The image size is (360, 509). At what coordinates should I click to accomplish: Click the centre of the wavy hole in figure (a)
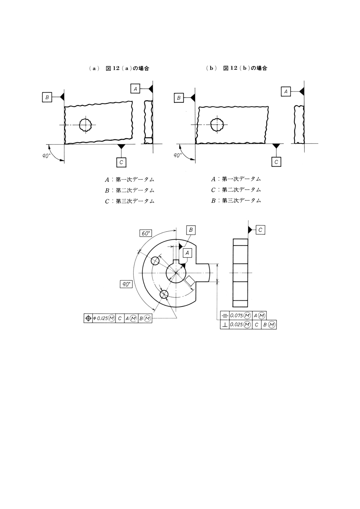[85, 125]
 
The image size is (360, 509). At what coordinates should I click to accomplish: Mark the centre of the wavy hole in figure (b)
[217, 124]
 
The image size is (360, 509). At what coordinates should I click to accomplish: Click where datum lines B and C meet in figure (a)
[64, 144]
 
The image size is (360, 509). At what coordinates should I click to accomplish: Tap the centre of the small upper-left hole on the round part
[155, 261]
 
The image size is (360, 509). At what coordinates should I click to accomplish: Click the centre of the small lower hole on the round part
[164, 294]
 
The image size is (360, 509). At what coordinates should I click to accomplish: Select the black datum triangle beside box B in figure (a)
[62, 97]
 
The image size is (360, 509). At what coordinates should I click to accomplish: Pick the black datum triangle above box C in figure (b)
[276, 146]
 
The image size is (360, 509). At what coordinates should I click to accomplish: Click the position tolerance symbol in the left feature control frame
[88, 319]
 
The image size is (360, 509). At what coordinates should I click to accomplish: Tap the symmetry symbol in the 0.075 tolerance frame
[225, 316]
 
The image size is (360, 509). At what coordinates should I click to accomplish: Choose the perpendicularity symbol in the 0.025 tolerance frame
[225, 325]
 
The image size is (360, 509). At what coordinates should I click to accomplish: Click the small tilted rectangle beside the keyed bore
[189, 281]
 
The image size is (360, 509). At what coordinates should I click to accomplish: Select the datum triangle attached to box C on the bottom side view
[250, 230]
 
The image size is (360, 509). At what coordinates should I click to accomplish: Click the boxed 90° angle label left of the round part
[126, 284]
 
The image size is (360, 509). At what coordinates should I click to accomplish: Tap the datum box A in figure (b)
[286, 91]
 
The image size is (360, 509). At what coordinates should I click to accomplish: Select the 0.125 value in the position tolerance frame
[101, 319]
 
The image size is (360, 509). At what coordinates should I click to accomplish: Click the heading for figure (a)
[119, 68]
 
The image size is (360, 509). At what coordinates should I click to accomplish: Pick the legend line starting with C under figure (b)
[236, 190]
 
